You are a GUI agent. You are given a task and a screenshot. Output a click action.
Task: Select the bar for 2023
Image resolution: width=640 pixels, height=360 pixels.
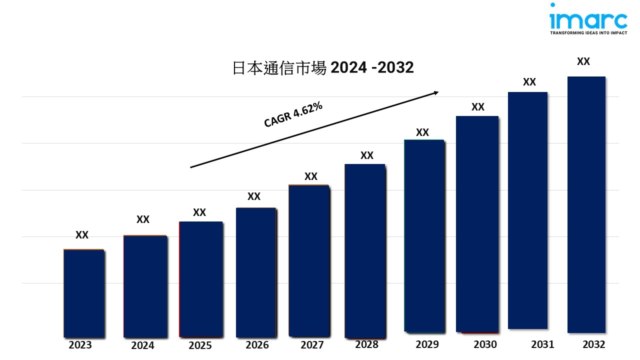(83, 293)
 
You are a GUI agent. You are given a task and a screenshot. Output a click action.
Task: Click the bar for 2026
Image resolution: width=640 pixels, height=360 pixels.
(255, 272)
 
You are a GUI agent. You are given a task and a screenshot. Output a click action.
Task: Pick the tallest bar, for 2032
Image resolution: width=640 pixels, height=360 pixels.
(586, 204)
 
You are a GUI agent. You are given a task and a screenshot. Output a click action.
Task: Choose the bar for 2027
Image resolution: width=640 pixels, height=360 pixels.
(308, 260)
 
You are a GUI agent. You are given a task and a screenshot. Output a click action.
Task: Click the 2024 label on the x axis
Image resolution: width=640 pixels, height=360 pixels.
(142, 345)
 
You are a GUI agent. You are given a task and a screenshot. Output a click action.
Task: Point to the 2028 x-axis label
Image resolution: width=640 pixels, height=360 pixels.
(366, 344)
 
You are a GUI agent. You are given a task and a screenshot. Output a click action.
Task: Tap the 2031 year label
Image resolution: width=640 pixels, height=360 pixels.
(542, 344)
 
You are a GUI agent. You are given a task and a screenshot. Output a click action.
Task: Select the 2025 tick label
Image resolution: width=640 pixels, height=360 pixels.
(200, 345)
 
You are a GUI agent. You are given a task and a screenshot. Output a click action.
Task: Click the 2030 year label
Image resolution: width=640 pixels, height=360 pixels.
(485, 344)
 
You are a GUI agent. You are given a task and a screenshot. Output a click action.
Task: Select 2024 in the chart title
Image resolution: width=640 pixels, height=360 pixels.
(348, 67)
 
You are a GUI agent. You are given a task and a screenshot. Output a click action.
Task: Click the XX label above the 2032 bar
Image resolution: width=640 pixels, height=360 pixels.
(583, 61)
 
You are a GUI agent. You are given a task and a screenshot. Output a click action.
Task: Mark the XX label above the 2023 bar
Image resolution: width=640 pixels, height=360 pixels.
(82, 235)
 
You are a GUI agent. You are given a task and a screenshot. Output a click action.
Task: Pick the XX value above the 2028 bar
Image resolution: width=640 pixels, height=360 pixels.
(367, 155)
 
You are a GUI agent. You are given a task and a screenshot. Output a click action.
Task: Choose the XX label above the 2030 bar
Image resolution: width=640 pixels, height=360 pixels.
(478, 107)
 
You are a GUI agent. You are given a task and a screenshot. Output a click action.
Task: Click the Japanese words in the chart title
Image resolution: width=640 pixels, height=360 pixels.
(279, 67)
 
